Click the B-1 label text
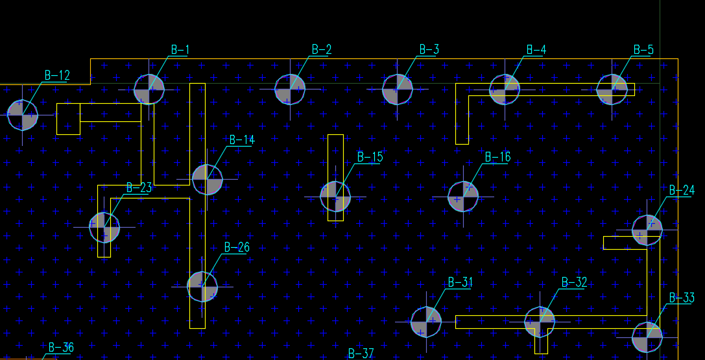pos(180,50)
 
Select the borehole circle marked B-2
pos(290,90)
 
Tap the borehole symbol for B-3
pos(398,90)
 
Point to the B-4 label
pos(536,50)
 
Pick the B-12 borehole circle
pos(23,114)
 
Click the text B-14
pos(242,140)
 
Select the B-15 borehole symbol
pos(335,196)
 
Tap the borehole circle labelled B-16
pos(463,196)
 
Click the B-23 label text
pos(139,188)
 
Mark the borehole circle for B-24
pos(647,230)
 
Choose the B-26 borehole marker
pos(202,286)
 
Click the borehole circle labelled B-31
pos(426,322)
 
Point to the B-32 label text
pos(574,282)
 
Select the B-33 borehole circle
pos(647,337)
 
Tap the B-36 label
pos(60,348)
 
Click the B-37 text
pos(361,354)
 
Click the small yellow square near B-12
pos(68,119)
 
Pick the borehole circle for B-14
pos(208,179)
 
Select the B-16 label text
pos(497,157)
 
